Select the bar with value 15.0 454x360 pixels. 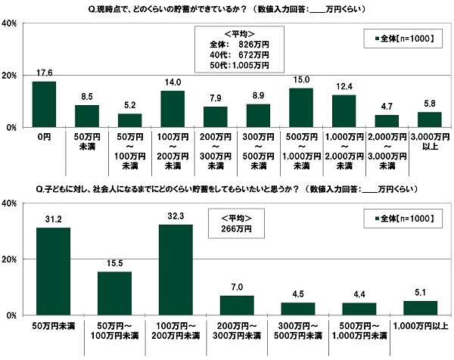click(302, 108)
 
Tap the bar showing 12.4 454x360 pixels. click(344, 111)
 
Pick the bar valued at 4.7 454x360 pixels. click(387, 121)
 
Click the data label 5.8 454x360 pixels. click(430, 103)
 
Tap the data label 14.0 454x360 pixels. click(173, 82)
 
